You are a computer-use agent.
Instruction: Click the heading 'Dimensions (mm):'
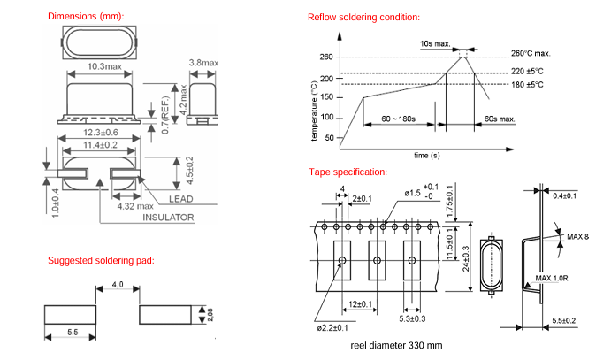(x=86, y=17)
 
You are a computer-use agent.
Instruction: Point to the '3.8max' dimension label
(x=205, y=63)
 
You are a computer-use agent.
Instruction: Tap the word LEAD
(x=179, y=200)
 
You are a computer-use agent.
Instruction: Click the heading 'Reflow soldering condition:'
(x=363, y=18)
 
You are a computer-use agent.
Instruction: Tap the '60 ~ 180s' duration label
(x=400, y=119)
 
